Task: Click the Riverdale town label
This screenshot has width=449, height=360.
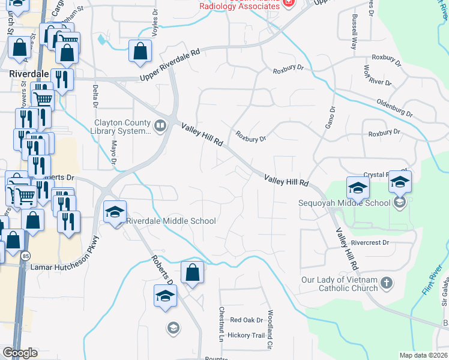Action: click(29, 74)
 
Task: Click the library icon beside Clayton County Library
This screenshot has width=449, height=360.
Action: click(160, 125)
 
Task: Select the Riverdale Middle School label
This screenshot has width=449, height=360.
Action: click(171, 221)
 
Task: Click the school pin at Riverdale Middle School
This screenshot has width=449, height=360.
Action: click(115, 212)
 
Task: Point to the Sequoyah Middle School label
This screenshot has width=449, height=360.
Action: click(345, 202)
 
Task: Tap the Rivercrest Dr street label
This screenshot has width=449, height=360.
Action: click(370, 243)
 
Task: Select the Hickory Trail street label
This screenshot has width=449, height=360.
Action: click(246, 335)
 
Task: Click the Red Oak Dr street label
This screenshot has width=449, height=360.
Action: click(243, 320)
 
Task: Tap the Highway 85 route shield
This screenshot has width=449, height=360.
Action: click(25, 256)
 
